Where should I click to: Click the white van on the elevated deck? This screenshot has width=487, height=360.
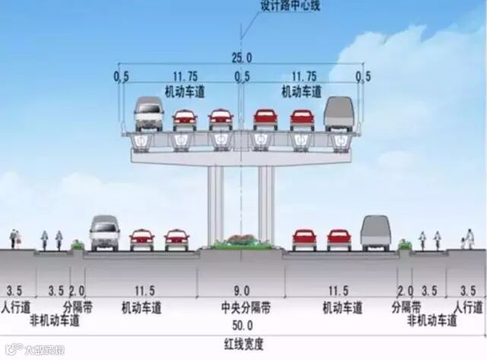[148, 114]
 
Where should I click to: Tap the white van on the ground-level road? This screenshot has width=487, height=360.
[104, 233]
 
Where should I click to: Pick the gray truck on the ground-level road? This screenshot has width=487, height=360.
[375, 232]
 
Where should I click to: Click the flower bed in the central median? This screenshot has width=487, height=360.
[241, 243]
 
